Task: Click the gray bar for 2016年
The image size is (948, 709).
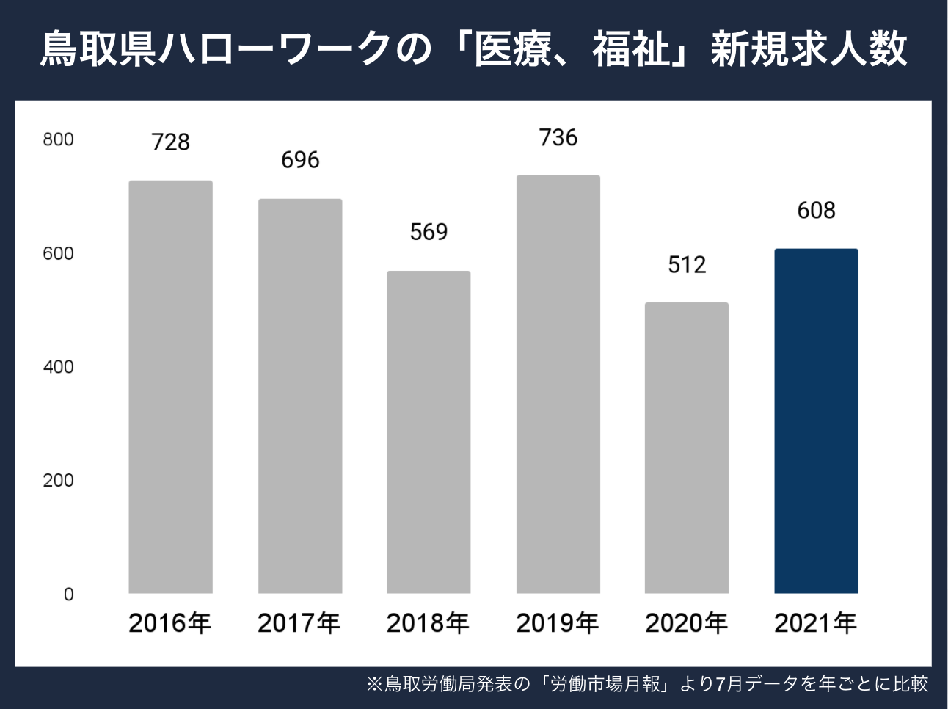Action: click(x=170, y=387)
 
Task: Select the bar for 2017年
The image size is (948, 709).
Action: click(x=300, y=396)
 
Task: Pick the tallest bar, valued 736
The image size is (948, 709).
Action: click(x=558, y=384)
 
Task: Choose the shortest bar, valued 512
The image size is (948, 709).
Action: click(x=687, y=448)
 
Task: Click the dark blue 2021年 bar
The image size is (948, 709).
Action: click(x=816, y=421)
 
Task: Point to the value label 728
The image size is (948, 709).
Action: click(x=170, y=142)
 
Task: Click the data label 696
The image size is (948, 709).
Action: click(x=300, y=160)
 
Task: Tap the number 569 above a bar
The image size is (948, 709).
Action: click(x=429, y=232)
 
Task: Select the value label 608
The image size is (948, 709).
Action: click(x=816, y=211)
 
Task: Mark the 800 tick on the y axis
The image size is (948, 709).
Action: click(x=58, y=139)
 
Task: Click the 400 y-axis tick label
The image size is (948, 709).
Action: click(x=58, y=367)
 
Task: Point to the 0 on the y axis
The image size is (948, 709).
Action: click(x=68, y=595)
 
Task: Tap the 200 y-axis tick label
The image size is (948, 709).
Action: click(x=58, y=481)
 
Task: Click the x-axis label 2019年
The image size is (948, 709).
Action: click(x=558, y=623)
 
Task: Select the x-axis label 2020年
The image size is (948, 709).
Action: click(x=687, y=623)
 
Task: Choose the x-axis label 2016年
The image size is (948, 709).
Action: click(x=170, y=623)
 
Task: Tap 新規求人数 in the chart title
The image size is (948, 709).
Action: click(x=809, y=50)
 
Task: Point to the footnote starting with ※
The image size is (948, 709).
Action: click(x=647, y=684)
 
